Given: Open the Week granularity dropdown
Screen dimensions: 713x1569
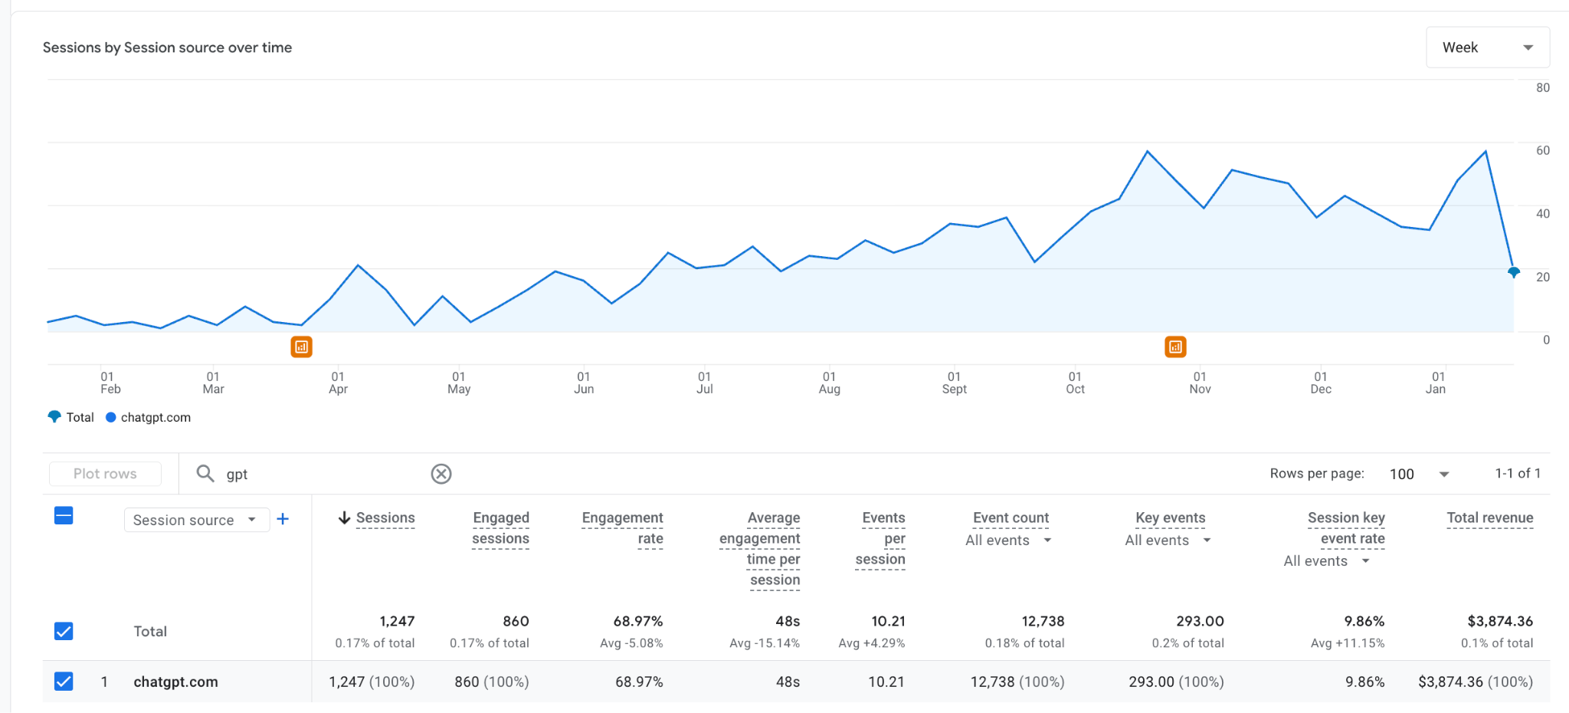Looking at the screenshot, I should pyautogui.click(x=1487, y=48).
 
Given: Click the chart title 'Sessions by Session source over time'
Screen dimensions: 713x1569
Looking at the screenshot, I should pyautogui.click(x=167, y=48).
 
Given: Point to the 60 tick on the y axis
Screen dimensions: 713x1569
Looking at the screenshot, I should pyautogui.click(x=1542, y=151).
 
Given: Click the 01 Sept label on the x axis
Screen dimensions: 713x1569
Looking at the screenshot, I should pyautogui.click(x=954, y=383).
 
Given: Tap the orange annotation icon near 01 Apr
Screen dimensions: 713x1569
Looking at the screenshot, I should pyautogui.click(x=302, y=347).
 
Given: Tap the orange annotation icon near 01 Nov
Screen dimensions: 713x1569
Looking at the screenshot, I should pyautogui.click(x=1175, y=347).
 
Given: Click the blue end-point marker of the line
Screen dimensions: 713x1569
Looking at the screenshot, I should pyautogui.click(x=1513, y=271).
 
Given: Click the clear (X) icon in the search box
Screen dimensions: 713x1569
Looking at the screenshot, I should pyautogui.click(x=441, y=474).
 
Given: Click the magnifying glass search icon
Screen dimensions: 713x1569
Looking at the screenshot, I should pyautogui.click(x=205, y=474).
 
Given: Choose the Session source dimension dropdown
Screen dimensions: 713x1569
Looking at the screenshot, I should pyautogui.click(x=195, y=520).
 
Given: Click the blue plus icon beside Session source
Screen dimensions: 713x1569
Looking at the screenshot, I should pyautogui.click(x=283, y=519).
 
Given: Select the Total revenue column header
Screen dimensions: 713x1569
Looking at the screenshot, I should pyautogui.click(x=1489, y=518).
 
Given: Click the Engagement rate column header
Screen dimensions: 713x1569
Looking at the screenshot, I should pyautogui.click(x=622, y=527).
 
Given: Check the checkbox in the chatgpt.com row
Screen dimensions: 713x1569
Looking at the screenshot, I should pyautogui.click(x=64, y=682).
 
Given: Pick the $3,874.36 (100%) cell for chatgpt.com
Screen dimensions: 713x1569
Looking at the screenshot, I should pyautogui.click(x=1475, y=682).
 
